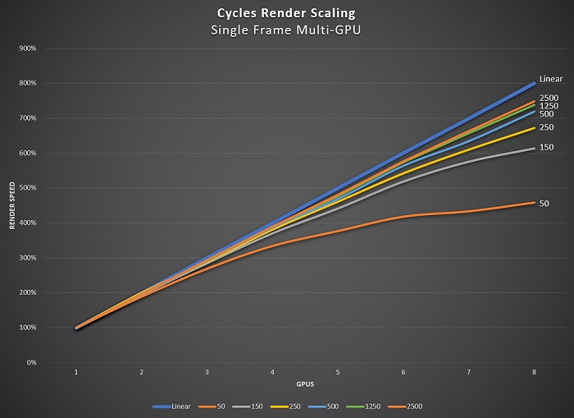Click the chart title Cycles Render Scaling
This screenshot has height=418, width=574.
286,14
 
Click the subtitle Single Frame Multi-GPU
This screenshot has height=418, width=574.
286,30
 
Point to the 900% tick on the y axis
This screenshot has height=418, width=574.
27,48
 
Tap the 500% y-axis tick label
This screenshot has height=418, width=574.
27,188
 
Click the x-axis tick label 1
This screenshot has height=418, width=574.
76,373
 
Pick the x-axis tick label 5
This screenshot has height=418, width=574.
338,373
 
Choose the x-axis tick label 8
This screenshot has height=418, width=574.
534,373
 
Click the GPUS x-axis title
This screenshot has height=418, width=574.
304,384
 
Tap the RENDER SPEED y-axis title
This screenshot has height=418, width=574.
12,205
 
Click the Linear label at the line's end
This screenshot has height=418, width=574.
550,79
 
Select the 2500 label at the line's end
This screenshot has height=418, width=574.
549,98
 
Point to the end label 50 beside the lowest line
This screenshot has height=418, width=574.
544,202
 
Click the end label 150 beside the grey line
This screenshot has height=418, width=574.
546,147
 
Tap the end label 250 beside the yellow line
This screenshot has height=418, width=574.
546,127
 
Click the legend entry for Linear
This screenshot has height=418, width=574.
175,406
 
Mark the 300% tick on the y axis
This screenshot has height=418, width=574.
27,258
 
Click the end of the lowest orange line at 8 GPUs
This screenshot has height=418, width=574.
534,202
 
